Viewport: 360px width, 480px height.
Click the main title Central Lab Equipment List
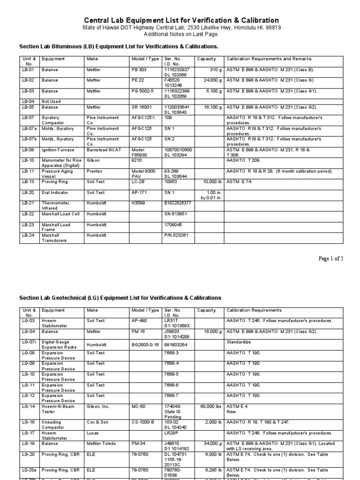[181, 20]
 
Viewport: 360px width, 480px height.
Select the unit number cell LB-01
[28, 69]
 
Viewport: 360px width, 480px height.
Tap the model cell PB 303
[139, 69]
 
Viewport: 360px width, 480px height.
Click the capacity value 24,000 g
[209, 80]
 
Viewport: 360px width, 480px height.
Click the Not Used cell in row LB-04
[51, 101]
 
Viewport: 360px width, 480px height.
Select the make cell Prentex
[95, 172]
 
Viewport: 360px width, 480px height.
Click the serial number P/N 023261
[176, 235]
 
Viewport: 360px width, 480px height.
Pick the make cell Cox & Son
[98, 422]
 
